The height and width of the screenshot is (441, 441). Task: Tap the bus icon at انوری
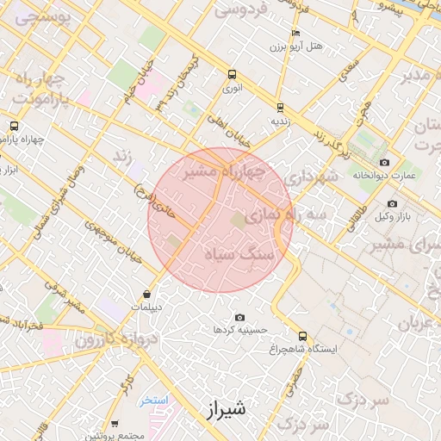pyautogui.click(x=231, y=74)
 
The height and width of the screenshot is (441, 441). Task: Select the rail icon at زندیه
pyautogui.click(x=280, y=108)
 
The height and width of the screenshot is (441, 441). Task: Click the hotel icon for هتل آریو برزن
pyautogui.click(x=295, y=34)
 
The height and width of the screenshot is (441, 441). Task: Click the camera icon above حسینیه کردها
pyautogui.click(x=239, y=317)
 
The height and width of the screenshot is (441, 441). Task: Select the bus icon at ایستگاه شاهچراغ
pyautogui.click(x=301, y=336)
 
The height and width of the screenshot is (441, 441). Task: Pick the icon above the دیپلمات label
pyautogui.click(x=148, y=294)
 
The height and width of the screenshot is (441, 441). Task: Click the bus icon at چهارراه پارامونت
pyautogui.click(x=13, y=126)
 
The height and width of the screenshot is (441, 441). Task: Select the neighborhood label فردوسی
pyautogui.click(x=240, y=11)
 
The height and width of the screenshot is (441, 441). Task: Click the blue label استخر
pyautogui.click(x=156, y=401)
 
